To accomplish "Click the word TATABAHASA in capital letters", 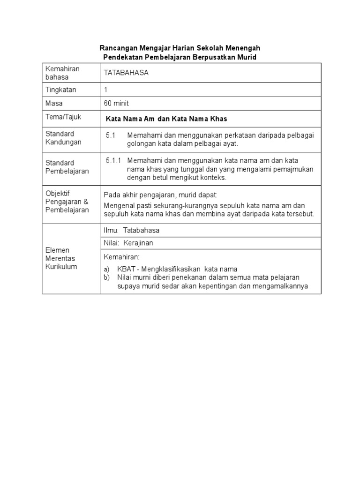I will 123,73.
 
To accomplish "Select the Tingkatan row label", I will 60,90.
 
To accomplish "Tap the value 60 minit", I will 117,103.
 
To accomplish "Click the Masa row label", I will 54,103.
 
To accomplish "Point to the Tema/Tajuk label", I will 63,117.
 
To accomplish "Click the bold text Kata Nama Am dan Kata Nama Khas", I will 166,119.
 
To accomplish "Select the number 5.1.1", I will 113,161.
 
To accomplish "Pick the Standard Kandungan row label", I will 63,138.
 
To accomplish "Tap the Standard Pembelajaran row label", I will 67,167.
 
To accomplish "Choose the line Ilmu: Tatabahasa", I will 132,230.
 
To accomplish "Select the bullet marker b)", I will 107,277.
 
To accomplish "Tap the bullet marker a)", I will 107,269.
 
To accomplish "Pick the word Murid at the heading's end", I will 247,57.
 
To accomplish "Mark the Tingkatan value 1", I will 106,90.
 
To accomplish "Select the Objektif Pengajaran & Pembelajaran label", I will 67,202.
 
